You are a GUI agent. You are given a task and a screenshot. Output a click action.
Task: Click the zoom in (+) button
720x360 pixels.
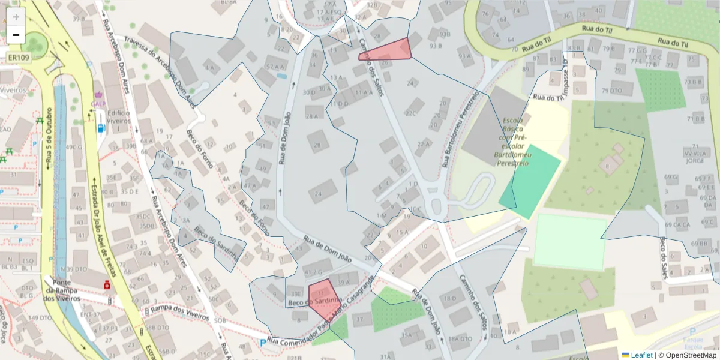(16, 17)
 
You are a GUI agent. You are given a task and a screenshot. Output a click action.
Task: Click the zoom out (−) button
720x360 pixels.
(16, 35)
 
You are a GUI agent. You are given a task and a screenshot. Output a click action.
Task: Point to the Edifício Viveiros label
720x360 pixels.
(119, 117)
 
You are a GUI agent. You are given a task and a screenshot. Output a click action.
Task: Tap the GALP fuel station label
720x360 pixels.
(98, 103)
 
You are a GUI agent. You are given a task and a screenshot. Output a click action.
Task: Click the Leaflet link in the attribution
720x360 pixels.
(641, 355)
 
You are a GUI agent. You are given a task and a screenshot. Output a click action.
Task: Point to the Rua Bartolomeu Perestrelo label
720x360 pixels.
(461, 129)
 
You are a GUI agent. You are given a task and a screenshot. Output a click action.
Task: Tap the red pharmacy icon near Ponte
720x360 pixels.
(107, 285)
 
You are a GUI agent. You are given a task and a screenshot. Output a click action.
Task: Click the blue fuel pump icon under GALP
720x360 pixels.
(100, 127)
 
